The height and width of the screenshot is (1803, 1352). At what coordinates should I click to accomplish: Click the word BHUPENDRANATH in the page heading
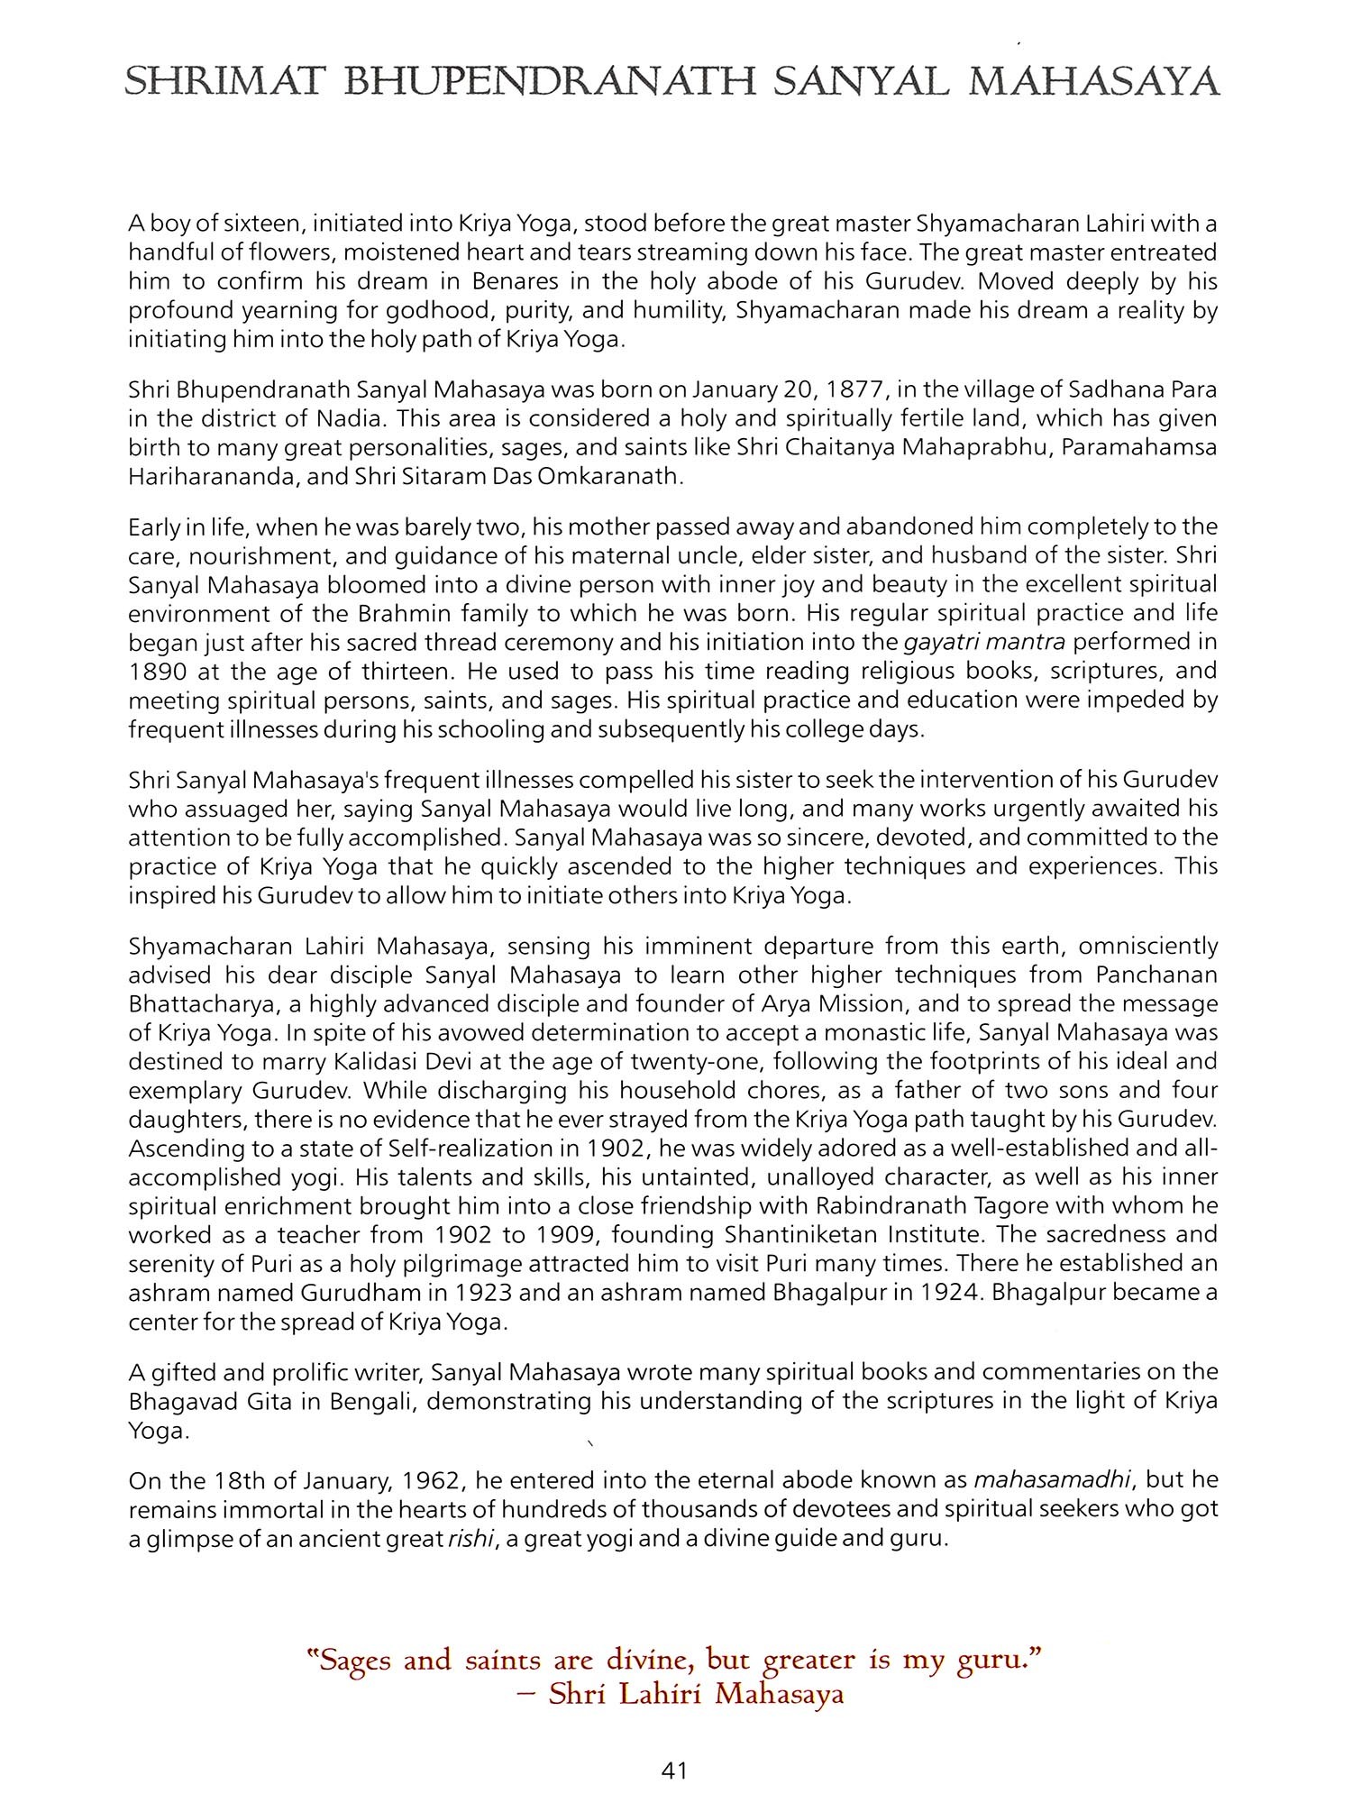pyautogui.click(x=551, y=83)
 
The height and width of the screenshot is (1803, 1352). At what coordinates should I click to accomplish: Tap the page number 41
pyautogui.click(x=674, y=1771)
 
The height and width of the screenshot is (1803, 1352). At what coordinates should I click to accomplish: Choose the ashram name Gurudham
pyautogui.click(x=367, y=1292)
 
